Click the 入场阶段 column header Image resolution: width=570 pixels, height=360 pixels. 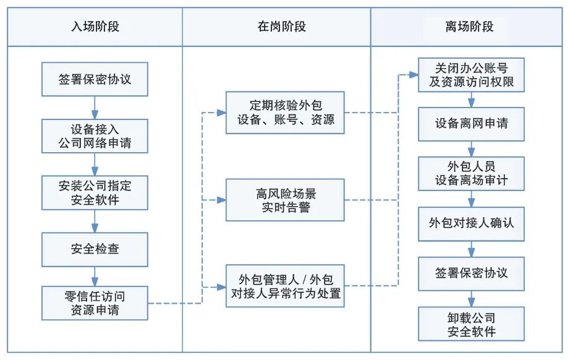(95, 27)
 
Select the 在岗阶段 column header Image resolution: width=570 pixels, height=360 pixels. (281, 27)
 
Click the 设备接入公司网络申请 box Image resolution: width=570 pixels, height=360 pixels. (95, 135)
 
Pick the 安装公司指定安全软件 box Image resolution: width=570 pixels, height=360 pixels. (95, 192)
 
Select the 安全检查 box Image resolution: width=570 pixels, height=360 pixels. (95, 249)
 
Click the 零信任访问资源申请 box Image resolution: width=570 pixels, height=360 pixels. (95, 303)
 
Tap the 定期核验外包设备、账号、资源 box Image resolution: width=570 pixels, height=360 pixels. (284, 113)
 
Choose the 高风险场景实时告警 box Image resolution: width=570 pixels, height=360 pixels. (284, 200)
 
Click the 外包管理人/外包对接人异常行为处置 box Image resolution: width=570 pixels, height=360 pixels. (284, 286)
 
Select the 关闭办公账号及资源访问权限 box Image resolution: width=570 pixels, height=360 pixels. (472, 74)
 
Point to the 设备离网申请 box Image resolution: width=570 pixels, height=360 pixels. (472, 123)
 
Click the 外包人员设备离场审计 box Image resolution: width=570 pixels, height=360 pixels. (472, 174)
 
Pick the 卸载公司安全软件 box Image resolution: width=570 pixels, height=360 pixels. (472, 324)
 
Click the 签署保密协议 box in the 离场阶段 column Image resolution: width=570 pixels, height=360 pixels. (472, 273)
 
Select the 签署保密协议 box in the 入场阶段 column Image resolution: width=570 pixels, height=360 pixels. (95, 79)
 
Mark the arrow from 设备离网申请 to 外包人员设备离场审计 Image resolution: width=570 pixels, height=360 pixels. (472, 148)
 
